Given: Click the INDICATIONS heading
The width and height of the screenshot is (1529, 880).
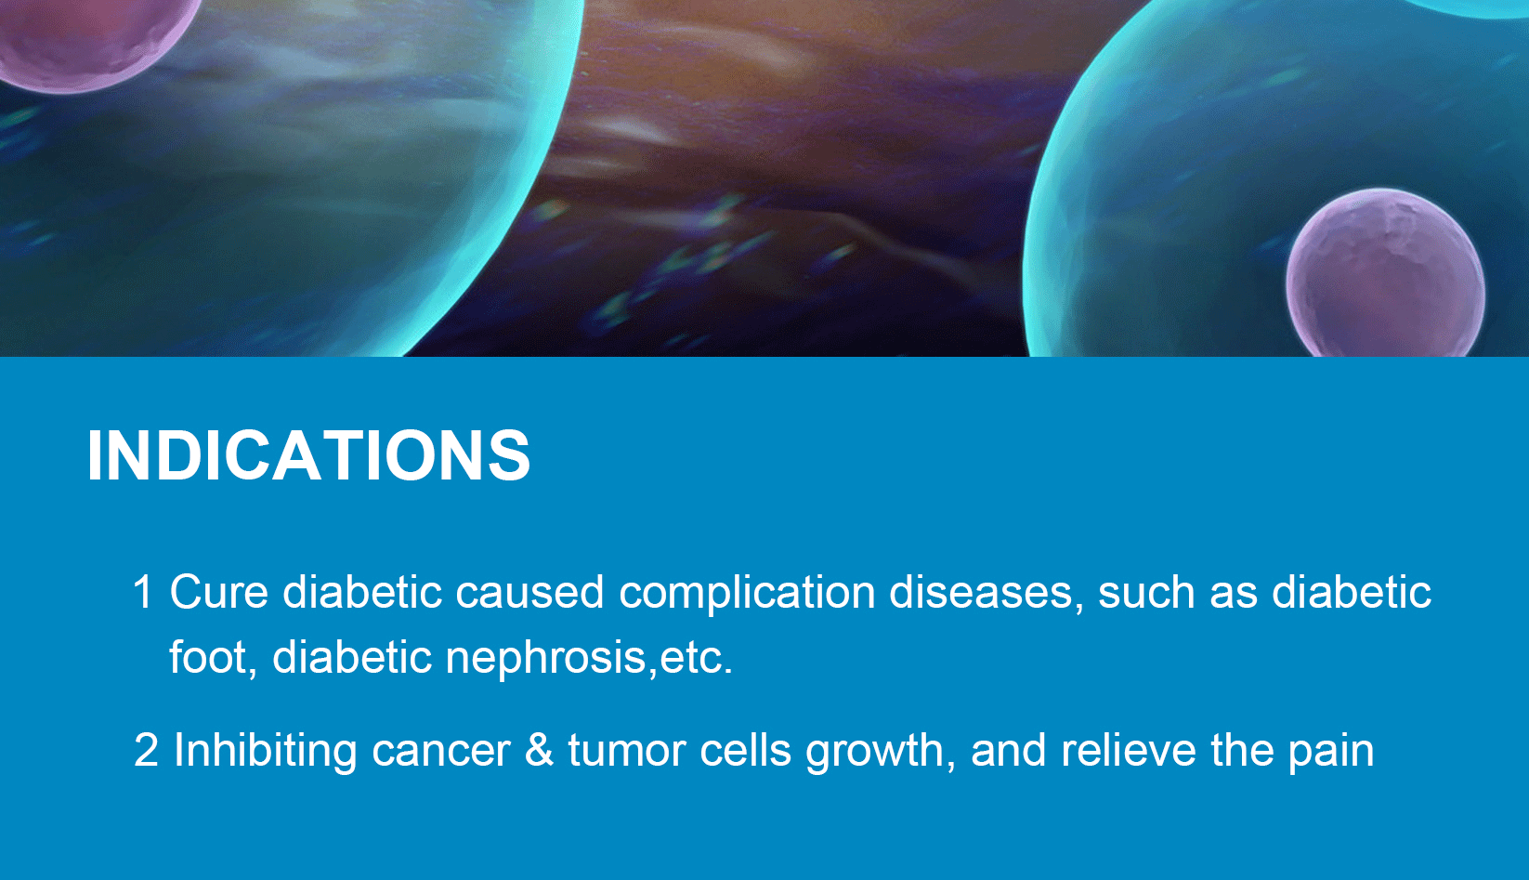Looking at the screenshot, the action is click(x=308, y=455).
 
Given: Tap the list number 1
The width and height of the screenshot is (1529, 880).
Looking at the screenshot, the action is click(x=143, y=591).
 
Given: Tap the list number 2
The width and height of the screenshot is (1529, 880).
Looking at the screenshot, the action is click(x=146, y=750).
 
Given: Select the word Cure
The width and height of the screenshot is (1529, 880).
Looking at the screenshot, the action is click(x=219, y=591).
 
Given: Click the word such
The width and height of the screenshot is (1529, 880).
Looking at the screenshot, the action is click(x=1146, y=591).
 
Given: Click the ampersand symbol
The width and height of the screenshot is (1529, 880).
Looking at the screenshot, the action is click(x=540, y=750).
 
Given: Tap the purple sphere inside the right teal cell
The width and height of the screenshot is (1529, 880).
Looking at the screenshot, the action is click(x=1385, y=274).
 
